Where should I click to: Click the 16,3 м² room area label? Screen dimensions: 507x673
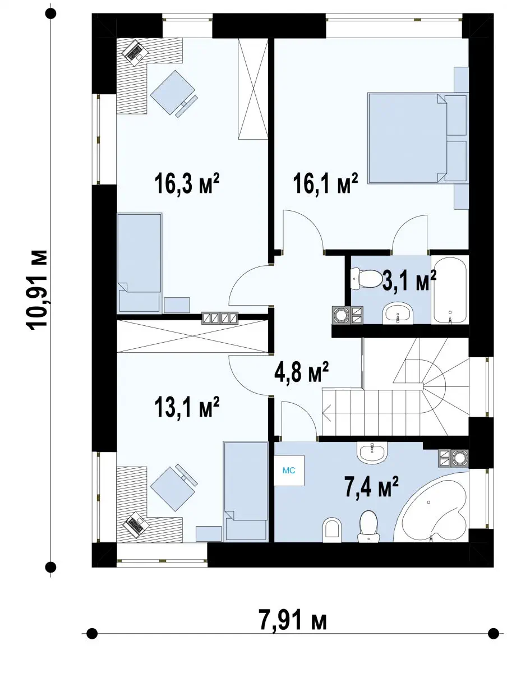[x=187, y=183]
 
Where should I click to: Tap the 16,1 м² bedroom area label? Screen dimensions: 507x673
[x=325, y=183]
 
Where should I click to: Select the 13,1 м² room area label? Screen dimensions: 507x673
[x=187, y=407]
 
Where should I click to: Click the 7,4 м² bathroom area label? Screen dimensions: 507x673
[x=371, y=487]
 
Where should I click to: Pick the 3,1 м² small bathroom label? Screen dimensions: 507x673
[x=409, y=280]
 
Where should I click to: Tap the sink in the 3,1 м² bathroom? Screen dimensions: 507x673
[x=397, y=313]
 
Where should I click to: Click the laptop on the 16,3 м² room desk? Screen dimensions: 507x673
[x=133, y=52]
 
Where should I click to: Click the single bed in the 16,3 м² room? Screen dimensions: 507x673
[x=140, y=263]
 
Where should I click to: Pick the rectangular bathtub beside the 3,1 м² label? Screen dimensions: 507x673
[x=450, y=290]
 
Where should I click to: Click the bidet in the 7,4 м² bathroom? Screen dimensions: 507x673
[x=332, y=528]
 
